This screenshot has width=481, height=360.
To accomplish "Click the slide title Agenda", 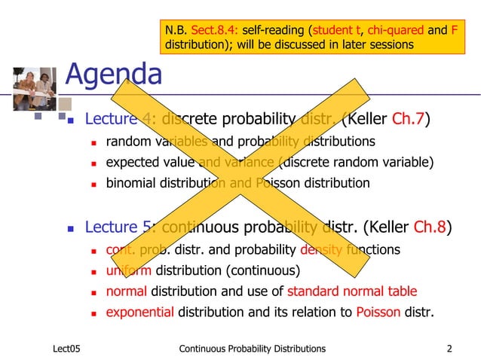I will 114,74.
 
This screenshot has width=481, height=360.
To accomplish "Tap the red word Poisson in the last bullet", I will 378,312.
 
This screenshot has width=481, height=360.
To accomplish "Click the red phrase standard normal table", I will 351,291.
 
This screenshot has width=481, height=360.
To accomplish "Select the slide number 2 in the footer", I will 449,348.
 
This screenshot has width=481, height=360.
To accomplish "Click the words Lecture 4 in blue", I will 120,119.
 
